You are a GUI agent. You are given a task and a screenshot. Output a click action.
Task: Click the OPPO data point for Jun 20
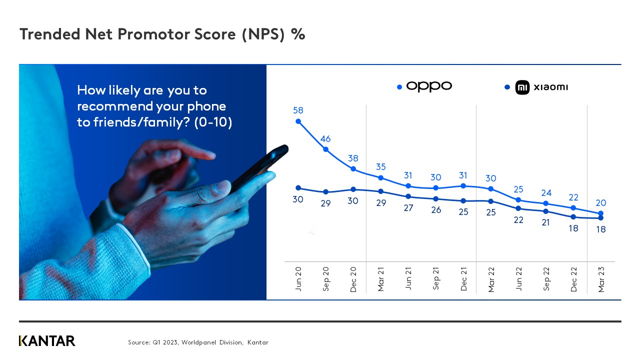tap(298, 121)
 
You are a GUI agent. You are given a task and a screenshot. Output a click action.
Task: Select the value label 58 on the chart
tap(298, 110)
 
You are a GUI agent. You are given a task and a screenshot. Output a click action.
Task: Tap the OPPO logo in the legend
tap(429, 86)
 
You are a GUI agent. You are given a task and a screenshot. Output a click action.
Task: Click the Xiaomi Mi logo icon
tap(522, 87)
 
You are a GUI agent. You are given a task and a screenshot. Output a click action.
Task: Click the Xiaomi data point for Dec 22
tap(573, 217)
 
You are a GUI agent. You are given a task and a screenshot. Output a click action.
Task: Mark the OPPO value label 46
tap(325, 138)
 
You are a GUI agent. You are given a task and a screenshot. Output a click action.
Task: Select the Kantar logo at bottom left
tap(47, 341)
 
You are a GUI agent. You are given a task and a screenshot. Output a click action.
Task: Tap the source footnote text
tap(198, 342)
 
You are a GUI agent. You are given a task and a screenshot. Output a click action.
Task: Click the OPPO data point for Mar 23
tap(601, 213)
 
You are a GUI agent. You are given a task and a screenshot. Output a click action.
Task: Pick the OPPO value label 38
tap(353, 158)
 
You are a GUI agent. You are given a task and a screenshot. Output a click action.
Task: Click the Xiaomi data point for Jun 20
tap(298, 188)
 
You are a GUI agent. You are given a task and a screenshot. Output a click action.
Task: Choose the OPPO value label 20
tap(601, 203)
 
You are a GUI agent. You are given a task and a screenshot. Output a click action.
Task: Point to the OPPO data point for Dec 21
tap(463, 185)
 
